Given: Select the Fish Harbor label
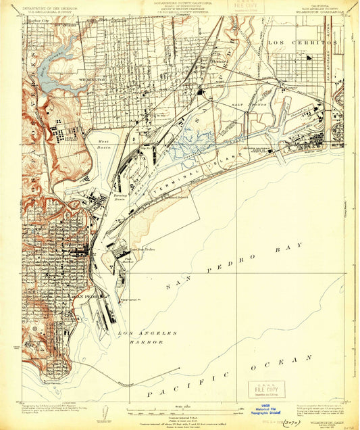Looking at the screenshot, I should (127, 258).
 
